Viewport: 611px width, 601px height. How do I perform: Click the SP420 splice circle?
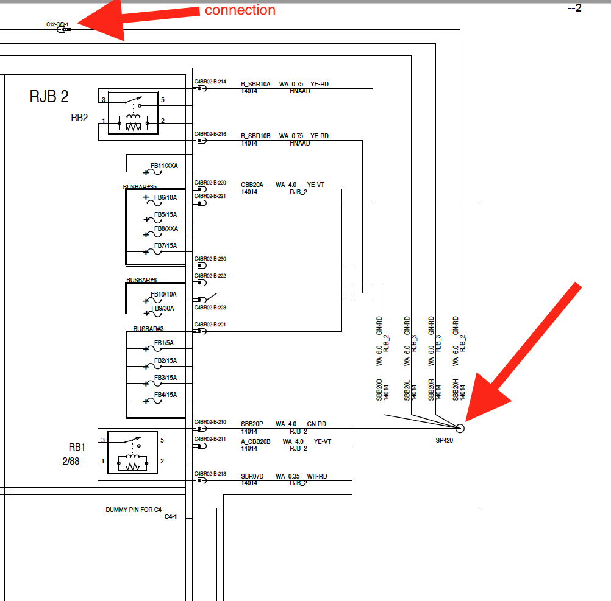460,428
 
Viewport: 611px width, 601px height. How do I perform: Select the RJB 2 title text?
49,96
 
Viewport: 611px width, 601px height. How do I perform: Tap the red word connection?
240,10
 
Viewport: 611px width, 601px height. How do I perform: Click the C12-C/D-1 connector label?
57,24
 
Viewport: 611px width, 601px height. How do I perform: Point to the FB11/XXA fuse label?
164,166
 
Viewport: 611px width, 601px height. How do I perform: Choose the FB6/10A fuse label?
165,197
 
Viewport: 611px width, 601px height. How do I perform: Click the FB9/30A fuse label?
163,308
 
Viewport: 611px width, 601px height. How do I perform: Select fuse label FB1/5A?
163,343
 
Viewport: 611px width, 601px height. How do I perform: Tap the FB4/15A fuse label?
165,395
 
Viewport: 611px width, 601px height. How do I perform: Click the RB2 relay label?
79,118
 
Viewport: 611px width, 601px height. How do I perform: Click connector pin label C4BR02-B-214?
210,82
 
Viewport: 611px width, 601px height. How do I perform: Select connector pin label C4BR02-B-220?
210,183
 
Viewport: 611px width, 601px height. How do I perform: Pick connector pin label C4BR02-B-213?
210,473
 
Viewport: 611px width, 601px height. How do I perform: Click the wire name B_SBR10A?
255,84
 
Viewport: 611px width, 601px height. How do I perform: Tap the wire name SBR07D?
252,476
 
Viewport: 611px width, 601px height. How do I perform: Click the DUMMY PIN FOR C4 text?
134,510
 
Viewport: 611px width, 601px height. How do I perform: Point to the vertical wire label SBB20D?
379,389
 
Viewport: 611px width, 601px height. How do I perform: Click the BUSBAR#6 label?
141,280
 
